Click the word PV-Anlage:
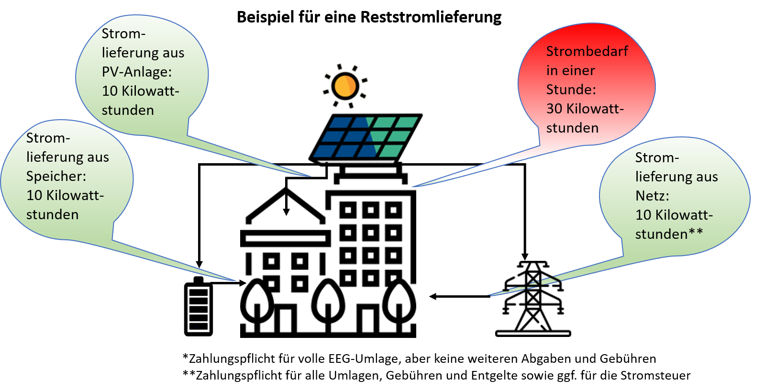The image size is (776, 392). click(x=136, y=72)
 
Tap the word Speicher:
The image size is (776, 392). click(x=56, y=176)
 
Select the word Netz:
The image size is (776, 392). click(x=652, y=196)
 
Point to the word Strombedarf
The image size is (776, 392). click(x=587, y=51)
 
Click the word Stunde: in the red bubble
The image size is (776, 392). click(x=571, y=90)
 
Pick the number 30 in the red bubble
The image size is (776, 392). click(x=554, y=109)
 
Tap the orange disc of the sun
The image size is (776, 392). click(x=345, y=86)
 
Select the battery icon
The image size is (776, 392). click(x=199, y=306)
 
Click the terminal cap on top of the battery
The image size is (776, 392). click(x=199, y=280)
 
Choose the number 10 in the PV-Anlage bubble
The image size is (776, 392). click(x=110, y=91)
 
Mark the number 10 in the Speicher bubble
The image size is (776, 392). click(x=34, y=195)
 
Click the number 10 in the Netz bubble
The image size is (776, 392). click(x=643, y=215)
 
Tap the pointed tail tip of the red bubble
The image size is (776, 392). click(x=412, y=186)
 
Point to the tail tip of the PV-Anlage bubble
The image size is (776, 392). click(x=311, y=176)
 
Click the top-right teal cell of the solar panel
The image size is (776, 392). click(x=406, y=122)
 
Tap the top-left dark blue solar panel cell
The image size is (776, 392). click(x=340, y=123)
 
